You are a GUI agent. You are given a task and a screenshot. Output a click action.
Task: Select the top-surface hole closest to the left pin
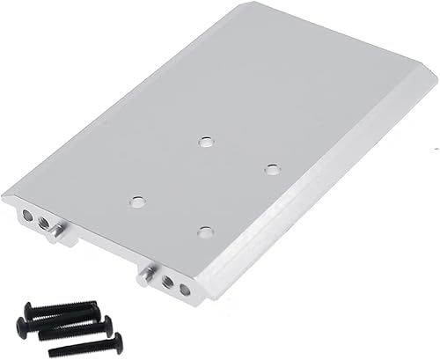[136, 202]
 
